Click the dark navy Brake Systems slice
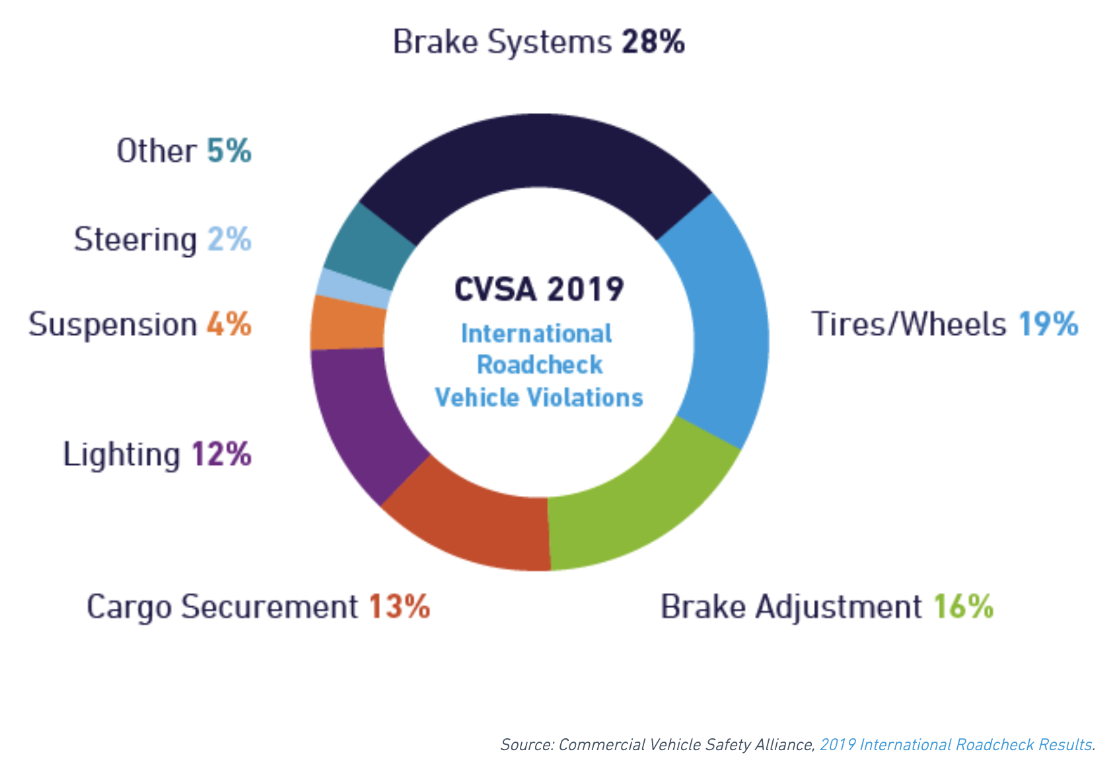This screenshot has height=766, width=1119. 535,152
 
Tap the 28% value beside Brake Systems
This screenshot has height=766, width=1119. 653,42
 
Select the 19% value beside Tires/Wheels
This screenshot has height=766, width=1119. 1048,324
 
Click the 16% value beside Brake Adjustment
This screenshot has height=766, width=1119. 963,606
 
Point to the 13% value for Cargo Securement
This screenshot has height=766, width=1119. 399,606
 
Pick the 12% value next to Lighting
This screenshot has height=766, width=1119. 222,454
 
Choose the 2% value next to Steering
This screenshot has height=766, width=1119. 229,239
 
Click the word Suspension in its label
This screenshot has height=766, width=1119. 112,325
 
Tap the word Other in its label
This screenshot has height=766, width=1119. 157,151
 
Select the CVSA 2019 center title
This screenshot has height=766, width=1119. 539,289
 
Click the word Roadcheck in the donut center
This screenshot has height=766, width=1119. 540,365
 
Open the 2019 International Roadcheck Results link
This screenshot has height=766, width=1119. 955,745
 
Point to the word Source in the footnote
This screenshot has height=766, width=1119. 526,745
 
